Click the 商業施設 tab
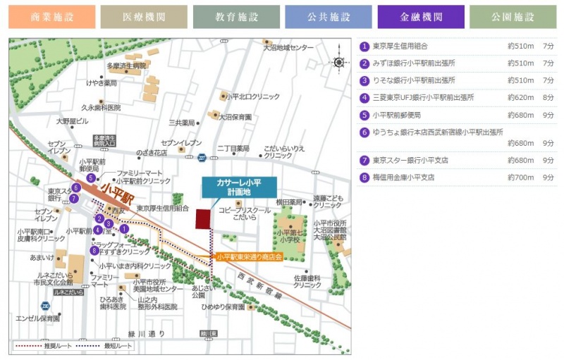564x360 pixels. coord(51,17)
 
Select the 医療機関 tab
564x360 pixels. coord(144,17)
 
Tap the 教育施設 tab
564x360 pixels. coord(236,17)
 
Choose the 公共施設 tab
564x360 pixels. coord(328,17)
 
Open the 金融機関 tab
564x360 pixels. coord(420,17)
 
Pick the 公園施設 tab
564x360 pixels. coord(513,17)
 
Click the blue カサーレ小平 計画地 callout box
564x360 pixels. coord(239,187)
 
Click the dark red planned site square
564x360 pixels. coord(204,218)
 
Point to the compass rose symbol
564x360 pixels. coord(339,62)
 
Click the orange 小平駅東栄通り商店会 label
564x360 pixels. coord(250,257)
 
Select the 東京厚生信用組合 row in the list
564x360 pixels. coord(400,46)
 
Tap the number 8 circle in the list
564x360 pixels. coord(364,178)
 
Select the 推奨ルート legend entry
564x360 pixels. coord(39,346)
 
